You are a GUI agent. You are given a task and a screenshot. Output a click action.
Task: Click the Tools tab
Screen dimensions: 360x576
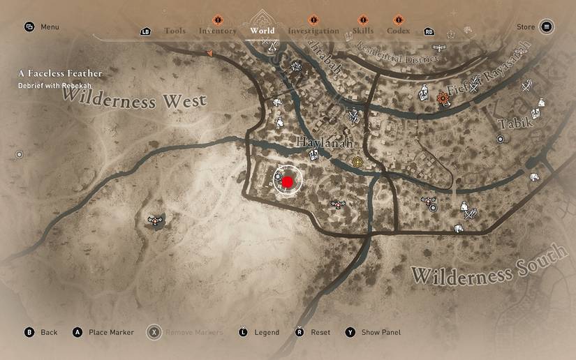175,31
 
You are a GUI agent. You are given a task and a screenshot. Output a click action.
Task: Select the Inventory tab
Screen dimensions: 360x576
217,31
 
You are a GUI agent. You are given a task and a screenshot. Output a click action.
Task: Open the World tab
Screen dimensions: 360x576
263,31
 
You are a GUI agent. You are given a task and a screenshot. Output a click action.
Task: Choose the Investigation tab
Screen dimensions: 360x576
313,31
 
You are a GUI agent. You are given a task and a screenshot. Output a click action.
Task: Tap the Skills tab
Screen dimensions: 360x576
363,31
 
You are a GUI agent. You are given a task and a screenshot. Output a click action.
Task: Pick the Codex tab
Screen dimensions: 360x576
399,31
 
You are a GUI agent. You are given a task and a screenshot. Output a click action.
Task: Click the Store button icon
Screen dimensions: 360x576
547,27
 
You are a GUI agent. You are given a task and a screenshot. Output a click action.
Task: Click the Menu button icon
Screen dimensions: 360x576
29,27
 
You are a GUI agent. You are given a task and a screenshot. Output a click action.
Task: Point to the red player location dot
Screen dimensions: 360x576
287,182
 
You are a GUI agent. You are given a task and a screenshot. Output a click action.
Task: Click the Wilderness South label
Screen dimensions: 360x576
489,266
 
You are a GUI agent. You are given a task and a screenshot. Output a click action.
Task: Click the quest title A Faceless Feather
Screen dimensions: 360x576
60,73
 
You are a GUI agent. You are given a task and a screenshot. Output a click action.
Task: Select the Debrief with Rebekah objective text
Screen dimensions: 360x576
55,85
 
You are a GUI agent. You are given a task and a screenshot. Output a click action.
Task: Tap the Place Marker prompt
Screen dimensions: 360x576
111,332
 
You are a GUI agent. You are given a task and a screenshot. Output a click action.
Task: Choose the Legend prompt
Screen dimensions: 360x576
267,332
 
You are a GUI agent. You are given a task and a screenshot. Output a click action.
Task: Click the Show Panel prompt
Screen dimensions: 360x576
381,332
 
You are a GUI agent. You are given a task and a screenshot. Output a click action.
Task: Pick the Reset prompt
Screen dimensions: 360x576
320,332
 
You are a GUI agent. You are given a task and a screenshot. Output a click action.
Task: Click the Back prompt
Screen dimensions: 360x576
49,332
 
